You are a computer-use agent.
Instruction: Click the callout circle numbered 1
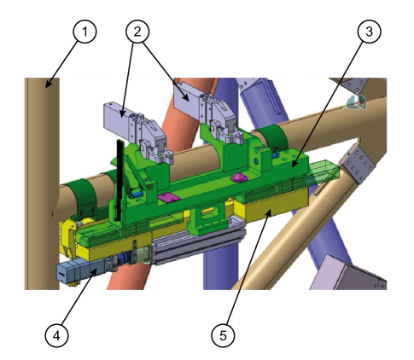84,32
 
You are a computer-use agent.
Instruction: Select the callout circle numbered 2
137,32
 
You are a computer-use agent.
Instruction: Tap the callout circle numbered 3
369,32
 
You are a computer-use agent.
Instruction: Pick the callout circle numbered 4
56,335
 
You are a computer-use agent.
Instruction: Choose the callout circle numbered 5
223,335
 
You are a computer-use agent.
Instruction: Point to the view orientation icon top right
357,102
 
